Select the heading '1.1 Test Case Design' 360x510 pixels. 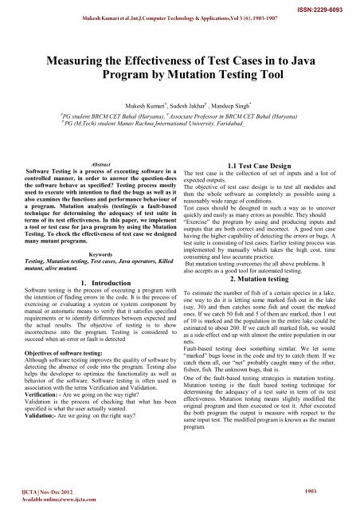pyautogui.click(x=268, y=163)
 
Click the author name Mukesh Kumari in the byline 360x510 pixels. pyautogui.click(x=143, y=104)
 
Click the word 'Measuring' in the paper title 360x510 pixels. pyautogui.click(x=82, y=61)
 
